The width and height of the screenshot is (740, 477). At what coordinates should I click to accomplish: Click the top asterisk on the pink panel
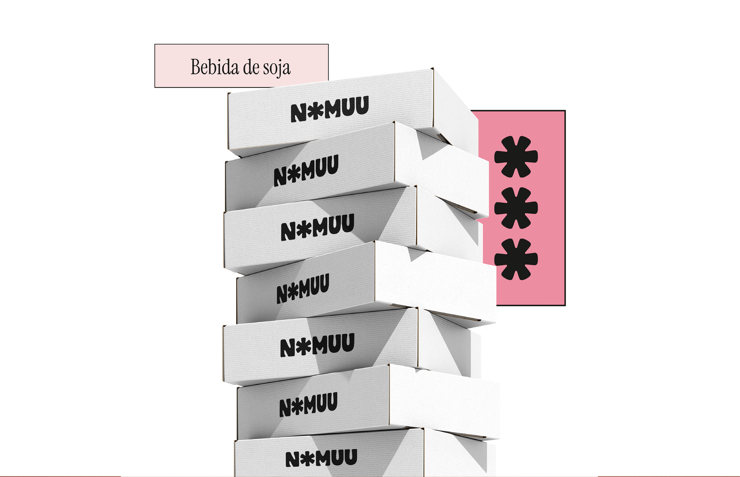[x=516, y=156]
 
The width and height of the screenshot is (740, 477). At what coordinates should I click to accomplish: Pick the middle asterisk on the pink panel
[x=516, y=208]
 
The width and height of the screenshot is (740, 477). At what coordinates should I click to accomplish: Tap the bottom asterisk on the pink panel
[x=516, y=259]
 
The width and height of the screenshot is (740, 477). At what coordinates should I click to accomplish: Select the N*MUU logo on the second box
[x=306, y=170]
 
